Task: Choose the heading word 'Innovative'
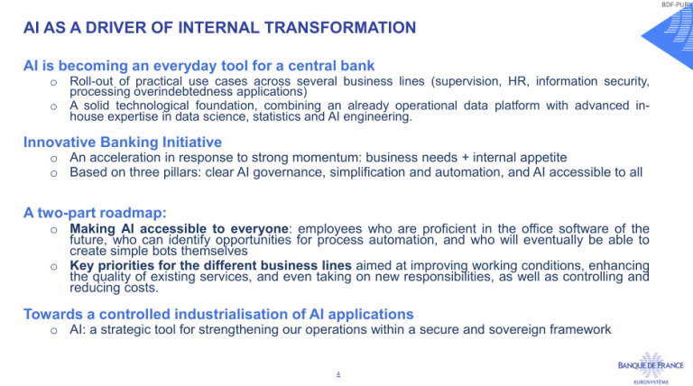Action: [60, 142]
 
